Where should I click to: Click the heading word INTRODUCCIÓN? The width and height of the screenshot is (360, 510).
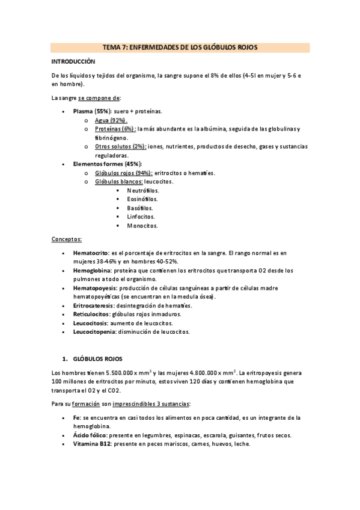click(73, 61)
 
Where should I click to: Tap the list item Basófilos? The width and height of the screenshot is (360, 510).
click(140, 207)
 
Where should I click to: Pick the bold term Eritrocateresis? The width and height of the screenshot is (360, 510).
click(94, 306)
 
